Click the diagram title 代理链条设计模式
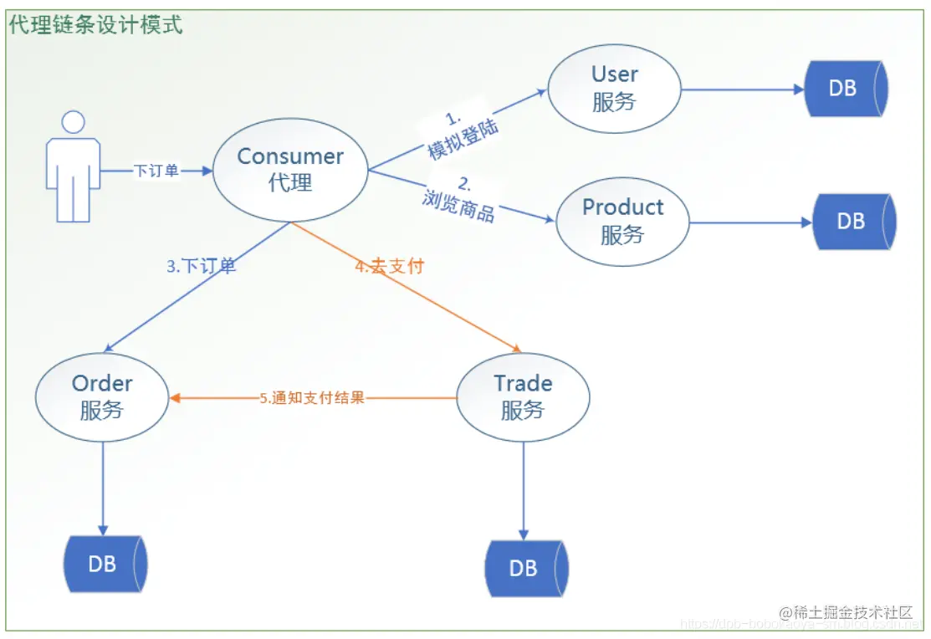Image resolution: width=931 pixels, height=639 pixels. [95, 25]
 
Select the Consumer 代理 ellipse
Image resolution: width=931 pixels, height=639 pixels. [290, 169]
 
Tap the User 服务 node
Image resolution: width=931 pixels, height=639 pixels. [614, 88]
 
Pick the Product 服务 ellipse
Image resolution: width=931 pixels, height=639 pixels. [622, 221]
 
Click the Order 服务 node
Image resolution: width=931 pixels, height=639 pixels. [102, 396]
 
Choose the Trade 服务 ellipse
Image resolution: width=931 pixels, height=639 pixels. [523, 396]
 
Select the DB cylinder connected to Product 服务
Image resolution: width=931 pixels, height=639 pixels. [852, 221]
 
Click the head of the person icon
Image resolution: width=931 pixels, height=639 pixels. [74, 122]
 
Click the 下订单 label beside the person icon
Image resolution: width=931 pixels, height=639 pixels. [156, 171]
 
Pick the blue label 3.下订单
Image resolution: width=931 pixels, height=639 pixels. [201, 267]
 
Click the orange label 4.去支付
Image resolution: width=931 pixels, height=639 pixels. [389, 267]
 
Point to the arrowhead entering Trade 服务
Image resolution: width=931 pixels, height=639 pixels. [517, 349]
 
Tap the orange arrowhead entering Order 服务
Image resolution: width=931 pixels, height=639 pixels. [176, 398]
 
